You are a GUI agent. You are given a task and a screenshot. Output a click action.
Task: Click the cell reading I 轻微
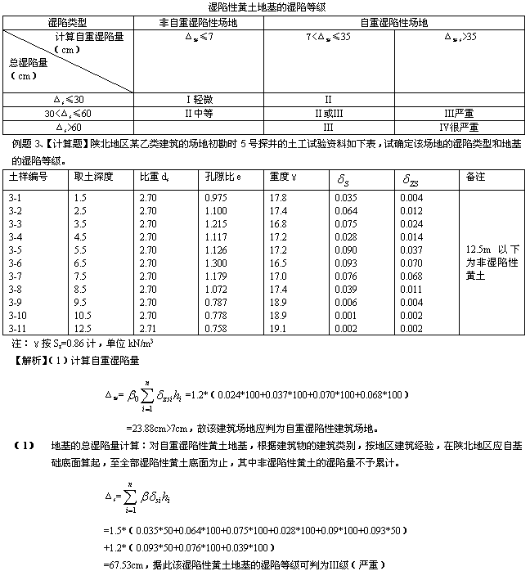[x=197, y=98]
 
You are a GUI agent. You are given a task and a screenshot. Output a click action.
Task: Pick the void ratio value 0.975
[x=215, y=197]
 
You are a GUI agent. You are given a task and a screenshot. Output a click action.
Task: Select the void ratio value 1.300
[x=215, y=263]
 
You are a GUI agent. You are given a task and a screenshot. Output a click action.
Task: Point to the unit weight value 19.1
[x=277, y=328]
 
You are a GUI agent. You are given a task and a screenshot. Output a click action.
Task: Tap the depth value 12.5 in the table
[x=81, y=328]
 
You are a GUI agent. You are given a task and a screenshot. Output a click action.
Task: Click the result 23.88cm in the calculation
[x=146, y=427]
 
